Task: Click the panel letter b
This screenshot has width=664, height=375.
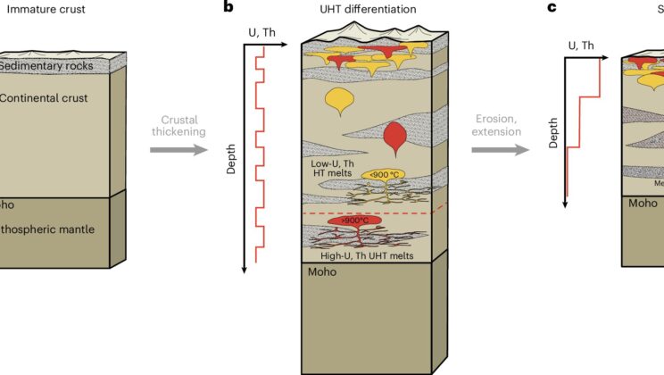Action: pos(228,8)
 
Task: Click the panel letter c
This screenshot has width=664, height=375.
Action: pos(552,8)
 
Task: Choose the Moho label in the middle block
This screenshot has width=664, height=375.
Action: pos(324,272)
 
